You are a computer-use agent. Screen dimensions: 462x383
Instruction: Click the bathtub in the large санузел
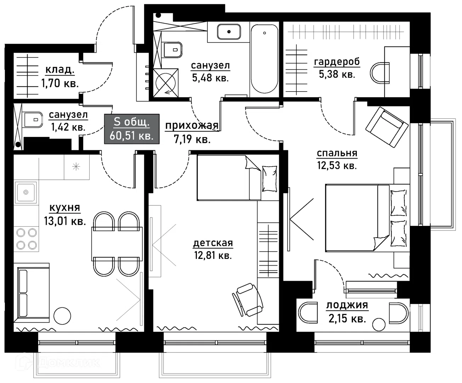pos(264,59)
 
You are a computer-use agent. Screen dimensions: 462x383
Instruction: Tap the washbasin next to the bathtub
pos(229,32)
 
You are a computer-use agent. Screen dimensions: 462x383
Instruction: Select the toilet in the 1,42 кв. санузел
pos(33,120)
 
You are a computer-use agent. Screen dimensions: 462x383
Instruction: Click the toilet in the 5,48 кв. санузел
pos(173,50)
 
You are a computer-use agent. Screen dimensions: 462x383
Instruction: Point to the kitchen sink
pos(25,192)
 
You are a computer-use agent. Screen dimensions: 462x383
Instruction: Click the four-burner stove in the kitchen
pos(27,239)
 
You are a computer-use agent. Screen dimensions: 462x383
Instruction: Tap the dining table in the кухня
pos(117,244)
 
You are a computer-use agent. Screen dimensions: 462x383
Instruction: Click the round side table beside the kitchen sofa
pos(62,316)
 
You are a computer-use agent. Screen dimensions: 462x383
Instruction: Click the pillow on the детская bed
pos(269,179)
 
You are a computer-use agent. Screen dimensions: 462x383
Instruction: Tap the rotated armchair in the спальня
pos(387,127)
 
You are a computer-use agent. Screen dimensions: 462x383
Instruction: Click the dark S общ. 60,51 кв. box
pos(132,129)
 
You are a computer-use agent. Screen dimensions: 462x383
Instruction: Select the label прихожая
pos(192,126)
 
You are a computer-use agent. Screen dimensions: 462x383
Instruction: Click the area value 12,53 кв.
pos(337,166)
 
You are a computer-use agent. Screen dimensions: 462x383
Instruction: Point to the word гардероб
pos(337,62)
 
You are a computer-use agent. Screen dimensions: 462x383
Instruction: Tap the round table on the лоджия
pos(379,325)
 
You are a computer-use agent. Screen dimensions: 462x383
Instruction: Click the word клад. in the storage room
pos(60,70)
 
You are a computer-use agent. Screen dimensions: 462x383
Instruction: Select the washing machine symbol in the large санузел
pos(166,83)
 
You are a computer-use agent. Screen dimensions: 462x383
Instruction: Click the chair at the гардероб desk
pos(380,73)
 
